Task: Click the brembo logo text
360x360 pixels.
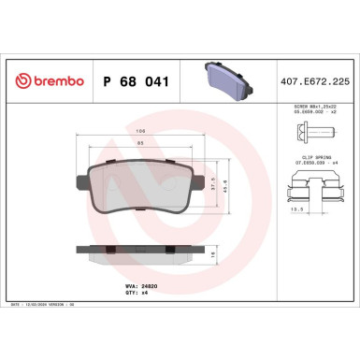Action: (44, 81)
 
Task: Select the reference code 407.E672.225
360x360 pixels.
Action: (315, 81)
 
